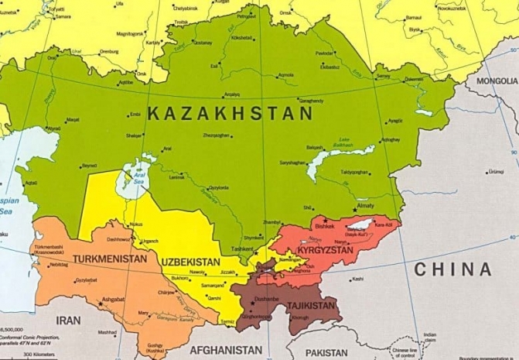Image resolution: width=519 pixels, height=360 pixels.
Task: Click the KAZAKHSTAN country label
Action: coord(230,114)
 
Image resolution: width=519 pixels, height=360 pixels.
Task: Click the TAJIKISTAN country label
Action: coord(311,306)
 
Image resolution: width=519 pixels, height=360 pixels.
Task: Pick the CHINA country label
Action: coord(452,269)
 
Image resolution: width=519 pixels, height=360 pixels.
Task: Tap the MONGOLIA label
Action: coord(497,81)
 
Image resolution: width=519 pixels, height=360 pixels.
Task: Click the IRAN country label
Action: coord(68,320)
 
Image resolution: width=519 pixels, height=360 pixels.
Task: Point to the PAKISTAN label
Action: coord(337,352)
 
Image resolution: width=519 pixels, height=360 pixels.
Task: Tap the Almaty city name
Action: coord(364,207)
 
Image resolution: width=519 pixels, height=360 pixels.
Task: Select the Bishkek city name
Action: coord(324,226)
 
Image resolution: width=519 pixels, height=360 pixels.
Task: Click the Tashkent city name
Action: coord(241,249)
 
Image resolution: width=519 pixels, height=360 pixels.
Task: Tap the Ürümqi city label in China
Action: coord(494,172)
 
